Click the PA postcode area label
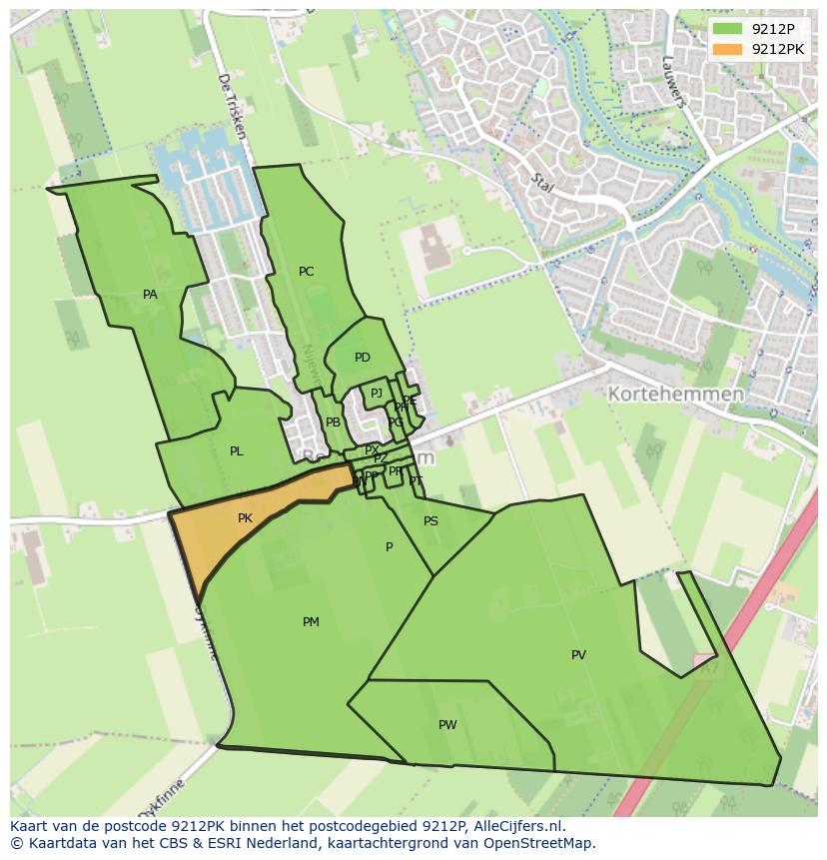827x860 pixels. point(150,295)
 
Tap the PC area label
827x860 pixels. point(306,272)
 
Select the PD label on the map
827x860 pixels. point(362,358)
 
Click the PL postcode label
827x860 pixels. point(236,451)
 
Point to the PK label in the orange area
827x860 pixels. point(245,518)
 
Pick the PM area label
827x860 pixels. point(311,622)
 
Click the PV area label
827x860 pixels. point(578,655)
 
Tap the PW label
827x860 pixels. point(446,725)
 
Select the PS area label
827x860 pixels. point(430,521)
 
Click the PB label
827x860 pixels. point(333,423)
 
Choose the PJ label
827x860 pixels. point(377,394)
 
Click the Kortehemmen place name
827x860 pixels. point(675,395)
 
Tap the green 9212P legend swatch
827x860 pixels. point(727,29)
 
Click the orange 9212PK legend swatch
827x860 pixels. point(727,49)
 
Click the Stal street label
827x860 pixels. point(542,184)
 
